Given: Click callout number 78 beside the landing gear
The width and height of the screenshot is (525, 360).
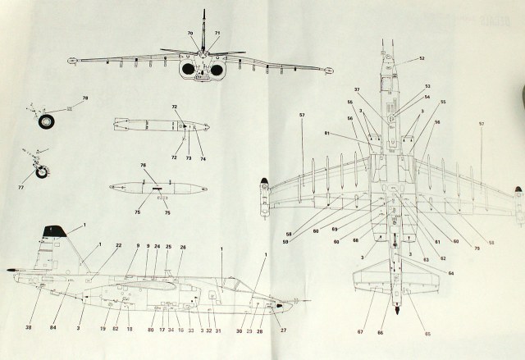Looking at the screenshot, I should (84, 99).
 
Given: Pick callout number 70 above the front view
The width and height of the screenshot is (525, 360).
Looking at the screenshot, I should (190, 33).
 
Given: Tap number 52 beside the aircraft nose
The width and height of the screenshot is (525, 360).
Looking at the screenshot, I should (421, 58).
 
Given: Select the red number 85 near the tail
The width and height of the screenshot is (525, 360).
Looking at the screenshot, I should (427, 334).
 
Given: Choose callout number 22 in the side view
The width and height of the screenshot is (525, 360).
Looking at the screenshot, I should (118, 246).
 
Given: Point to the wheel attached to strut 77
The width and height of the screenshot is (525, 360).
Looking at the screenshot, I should (40, 175).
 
